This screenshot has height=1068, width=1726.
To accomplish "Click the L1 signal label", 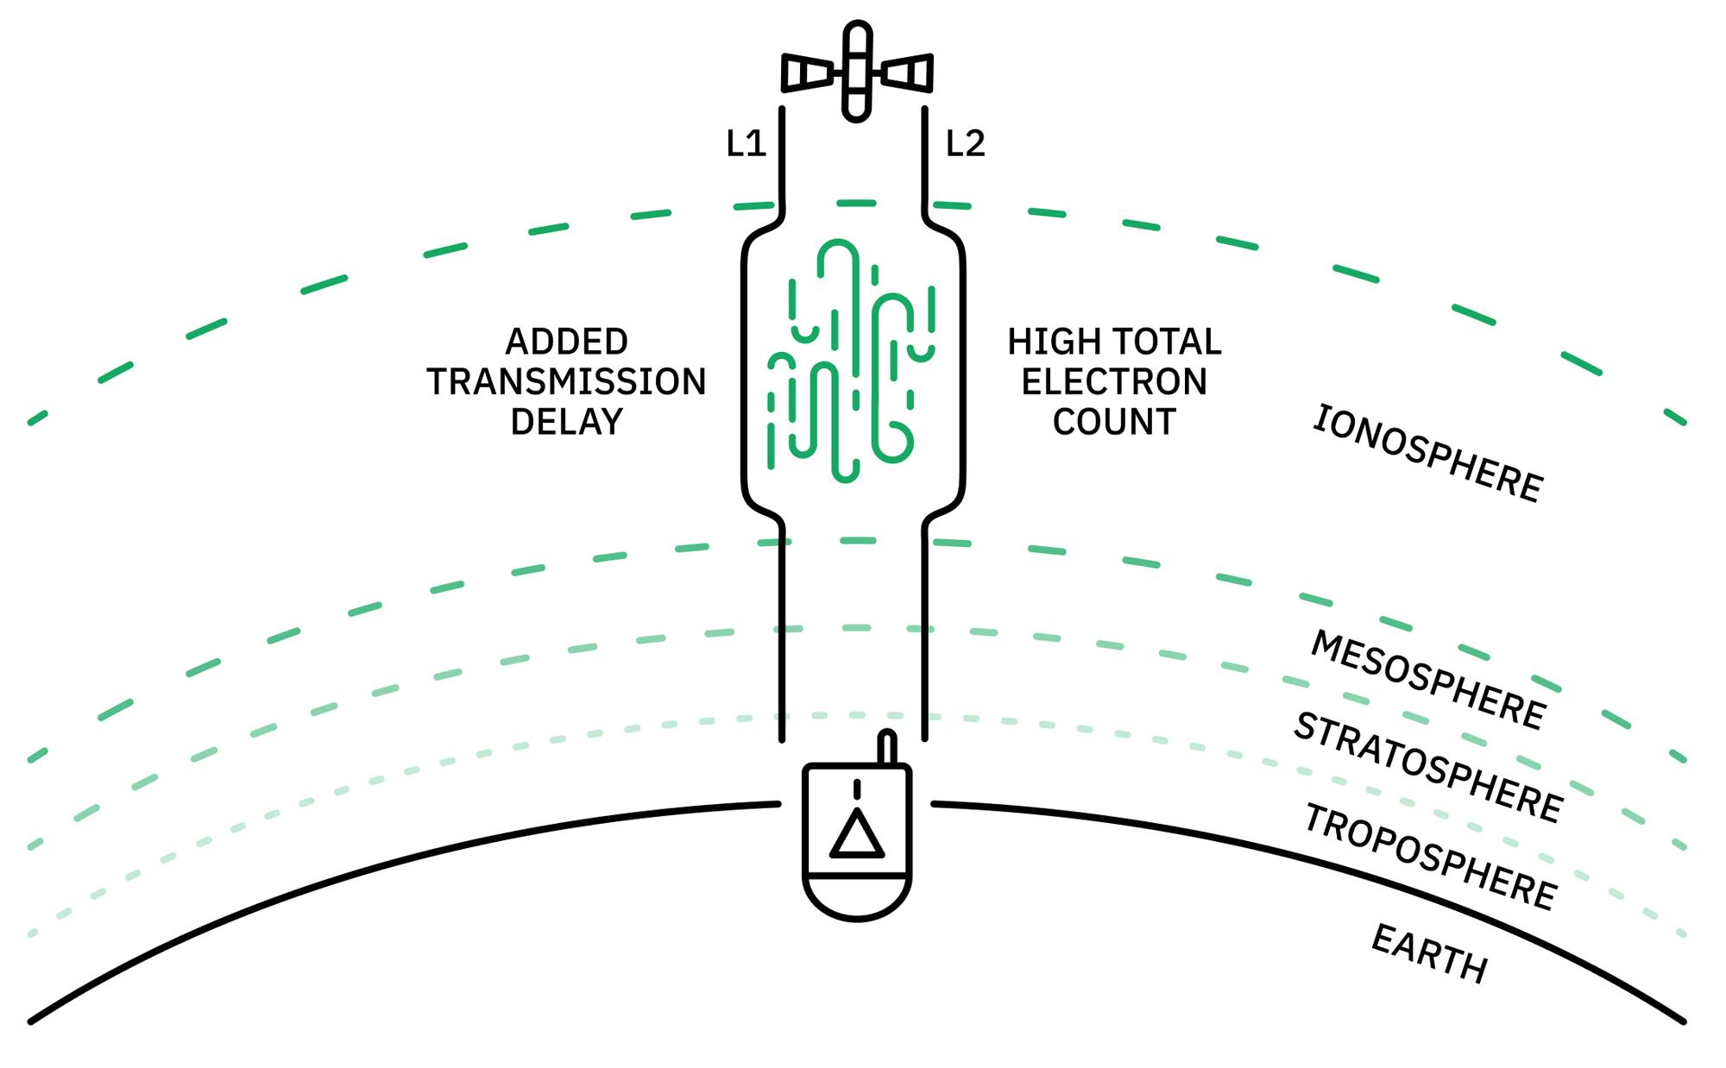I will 746,143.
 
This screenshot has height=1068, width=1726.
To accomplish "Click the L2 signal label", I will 965,143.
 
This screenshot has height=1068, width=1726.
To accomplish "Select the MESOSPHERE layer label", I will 1427,680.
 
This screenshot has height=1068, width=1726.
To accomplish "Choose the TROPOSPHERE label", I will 1429,857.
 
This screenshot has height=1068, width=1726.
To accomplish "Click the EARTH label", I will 1429,953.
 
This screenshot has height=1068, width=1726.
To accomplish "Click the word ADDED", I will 566,342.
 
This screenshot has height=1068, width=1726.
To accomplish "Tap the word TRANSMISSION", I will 566,381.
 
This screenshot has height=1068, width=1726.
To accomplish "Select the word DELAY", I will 566,422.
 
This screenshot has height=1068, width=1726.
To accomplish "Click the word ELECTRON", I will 1114,381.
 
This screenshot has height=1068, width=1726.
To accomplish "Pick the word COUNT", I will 1114,422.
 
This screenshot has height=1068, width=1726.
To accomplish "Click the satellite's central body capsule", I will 857,71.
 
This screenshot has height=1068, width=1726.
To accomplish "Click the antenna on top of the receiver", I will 886,747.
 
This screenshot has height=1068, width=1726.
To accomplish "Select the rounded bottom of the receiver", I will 856,897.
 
